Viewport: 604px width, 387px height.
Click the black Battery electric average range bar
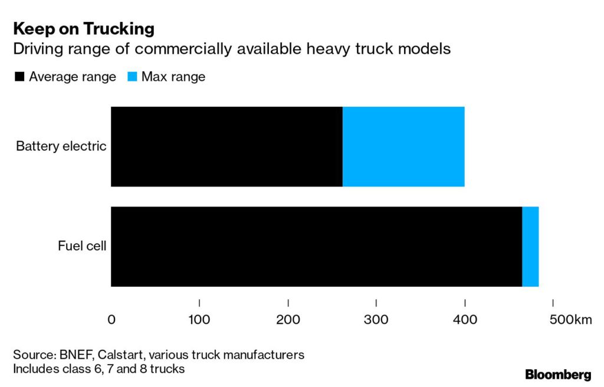[226, 146]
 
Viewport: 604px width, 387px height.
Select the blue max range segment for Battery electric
[403, 146]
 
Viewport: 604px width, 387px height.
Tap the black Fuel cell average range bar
[316, 247]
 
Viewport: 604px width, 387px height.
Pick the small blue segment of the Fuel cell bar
[530, 247]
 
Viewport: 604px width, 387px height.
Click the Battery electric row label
[61, 146]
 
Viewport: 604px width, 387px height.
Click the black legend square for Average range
[19, 77]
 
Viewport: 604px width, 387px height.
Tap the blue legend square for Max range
[132, 77]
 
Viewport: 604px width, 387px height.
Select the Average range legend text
[72, 77]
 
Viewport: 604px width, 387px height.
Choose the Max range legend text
[173, 77]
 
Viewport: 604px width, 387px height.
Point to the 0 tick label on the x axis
[111, 320]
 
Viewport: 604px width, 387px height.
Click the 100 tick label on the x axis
[199, 320]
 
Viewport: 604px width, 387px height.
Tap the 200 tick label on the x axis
[288, 320]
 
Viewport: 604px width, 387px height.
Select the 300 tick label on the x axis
[376, 320]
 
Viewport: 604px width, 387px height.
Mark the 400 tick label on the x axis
[465, 320]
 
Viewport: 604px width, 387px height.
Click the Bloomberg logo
[557, 375]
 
